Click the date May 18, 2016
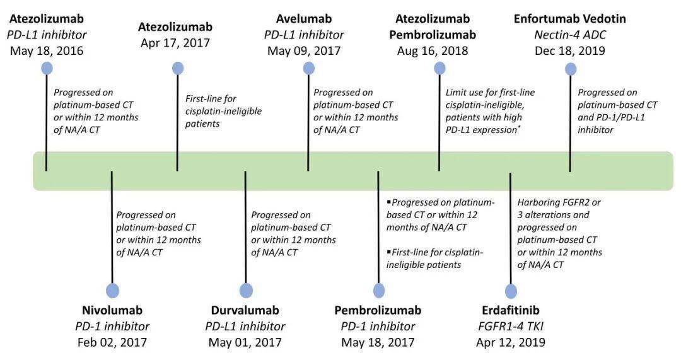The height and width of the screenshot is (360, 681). tap(47, 51)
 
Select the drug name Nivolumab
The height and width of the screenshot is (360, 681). tap(112, 310)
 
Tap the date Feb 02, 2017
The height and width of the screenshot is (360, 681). tap(112, 342)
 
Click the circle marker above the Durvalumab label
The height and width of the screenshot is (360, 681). tap(246, 291)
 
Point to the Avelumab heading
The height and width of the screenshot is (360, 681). tap(304, 19)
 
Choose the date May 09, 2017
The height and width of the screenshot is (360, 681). tap(304, 51)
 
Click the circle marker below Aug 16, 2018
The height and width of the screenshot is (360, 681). tap(439, 68)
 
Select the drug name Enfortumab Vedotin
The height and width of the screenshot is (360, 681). tap(570, 19)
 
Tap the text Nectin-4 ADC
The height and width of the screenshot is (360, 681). tap(570, 35)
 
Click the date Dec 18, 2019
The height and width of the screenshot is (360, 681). tap(570, 51)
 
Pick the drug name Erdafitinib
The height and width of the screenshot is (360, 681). tap(511, 310)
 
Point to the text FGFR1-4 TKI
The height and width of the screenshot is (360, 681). tap(511, 326)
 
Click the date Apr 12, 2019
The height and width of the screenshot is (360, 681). tap(511, 342)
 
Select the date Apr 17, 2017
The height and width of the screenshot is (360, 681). tap(175, 43)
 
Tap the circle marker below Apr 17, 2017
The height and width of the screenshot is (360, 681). tap(178, 68)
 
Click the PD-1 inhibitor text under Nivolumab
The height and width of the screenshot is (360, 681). tap(112, 326)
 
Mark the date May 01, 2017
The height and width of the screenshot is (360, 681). tap(245, 342)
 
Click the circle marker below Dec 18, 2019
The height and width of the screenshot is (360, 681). tap(570, 69)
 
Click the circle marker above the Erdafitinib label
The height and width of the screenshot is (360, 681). tap(511, 291)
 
